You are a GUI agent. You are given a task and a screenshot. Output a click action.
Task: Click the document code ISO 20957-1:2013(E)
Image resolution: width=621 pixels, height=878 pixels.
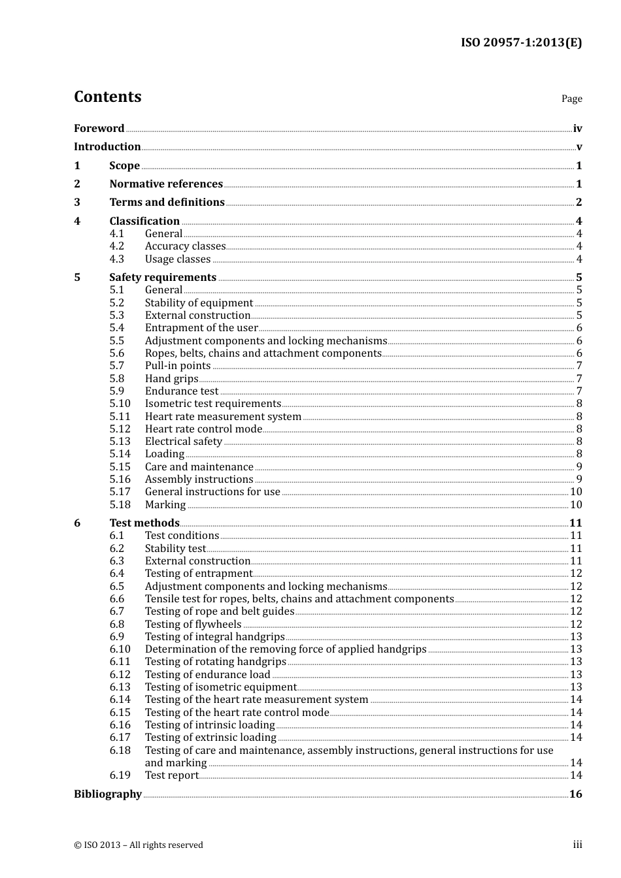pyautogui.click(x=521, y=42)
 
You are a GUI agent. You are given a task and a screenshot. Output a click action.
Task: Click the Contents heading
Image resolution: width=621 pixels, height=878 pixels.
pyautogui.click(x=107, y=97)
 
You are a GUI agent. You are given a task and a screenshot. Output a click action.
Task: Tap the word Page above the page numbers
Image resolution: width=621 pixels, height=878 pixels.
pyautogui.click(x=571, y=99)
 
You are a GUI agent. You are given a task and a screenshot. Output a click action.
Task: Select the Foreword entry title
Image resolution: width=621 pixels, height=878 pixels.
pyautogui.click(x=99, y=128)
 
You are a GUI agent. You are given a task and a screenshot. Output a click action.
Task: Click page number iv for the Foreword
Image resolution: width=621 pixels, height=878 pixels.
pyautogui.click(x=577, y=129)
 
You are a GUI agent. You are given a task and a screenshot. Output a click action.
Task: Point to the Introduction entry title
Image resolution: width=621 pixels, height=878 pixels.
pyautogui.click(x=107, y=146)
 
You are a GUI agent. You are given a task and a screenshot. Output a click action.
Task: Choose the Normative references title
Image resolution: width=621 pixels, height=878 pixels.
pyautogui.click(x=166, y=184)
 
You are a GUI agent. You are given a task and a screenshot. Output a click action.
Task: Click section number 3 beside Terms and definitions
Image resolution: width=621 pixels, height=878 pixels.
pyautogui.click(x=77, y=202)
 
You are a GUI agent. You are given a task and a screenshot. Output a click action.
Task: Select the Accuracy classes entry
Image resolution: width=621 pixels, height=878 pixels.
pyautogui.click(x=185, y=246)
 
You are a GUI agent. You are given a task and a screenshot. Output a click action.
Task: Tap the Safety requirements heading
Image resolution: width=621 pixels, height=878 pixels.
pyautogui.click(x=163, y=277)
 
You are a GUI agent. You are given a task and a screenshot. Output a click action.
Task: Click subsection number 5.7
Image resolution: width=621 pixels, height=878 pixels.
pyautogui.click(x=117, y=366)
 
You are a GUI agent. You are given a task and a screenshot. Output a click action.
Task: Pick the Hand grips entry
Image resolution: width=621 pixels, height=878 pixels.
pyautogui.click(x=171, y=379)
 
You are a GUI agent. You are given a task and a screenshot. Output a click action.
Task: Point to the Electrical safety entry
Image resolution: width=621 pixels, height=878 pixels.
pyautogui.click(x=184, y=442)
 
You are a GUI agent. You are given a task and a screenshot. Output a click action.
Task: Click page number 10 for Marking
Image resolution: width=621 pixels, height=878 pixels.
pyautogui.click(x=576, y=504)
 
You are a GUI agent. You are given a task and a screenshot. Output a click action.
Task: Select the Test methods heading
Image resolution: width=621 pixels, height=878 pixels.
pyautogui.click(x=144, y=523)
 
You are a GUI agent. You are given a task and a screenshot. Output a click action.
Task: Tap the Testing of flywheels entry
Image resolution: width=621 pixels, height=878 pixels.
pyautogui.click(x=193, y=624)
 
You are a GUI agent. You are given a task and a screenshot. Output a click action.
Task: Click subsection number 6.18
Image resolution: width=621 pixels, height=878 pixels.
pyautogui.click(x=120, y=750)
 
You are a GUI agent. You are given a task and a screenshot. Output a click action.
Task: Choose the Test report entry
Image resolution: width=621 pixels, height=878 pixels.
pyautogui.click(x=171, y=775)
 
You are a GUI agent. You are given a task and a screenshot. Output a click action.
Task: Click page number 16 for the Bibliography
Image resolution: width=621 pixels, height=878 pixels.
pyautogui.click(x=576, y=794)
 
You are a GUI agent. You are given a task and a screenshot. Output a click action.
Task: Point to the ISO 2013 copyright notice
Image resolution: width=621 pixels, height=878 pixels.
pyautogui.click(x=139, y=845)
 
